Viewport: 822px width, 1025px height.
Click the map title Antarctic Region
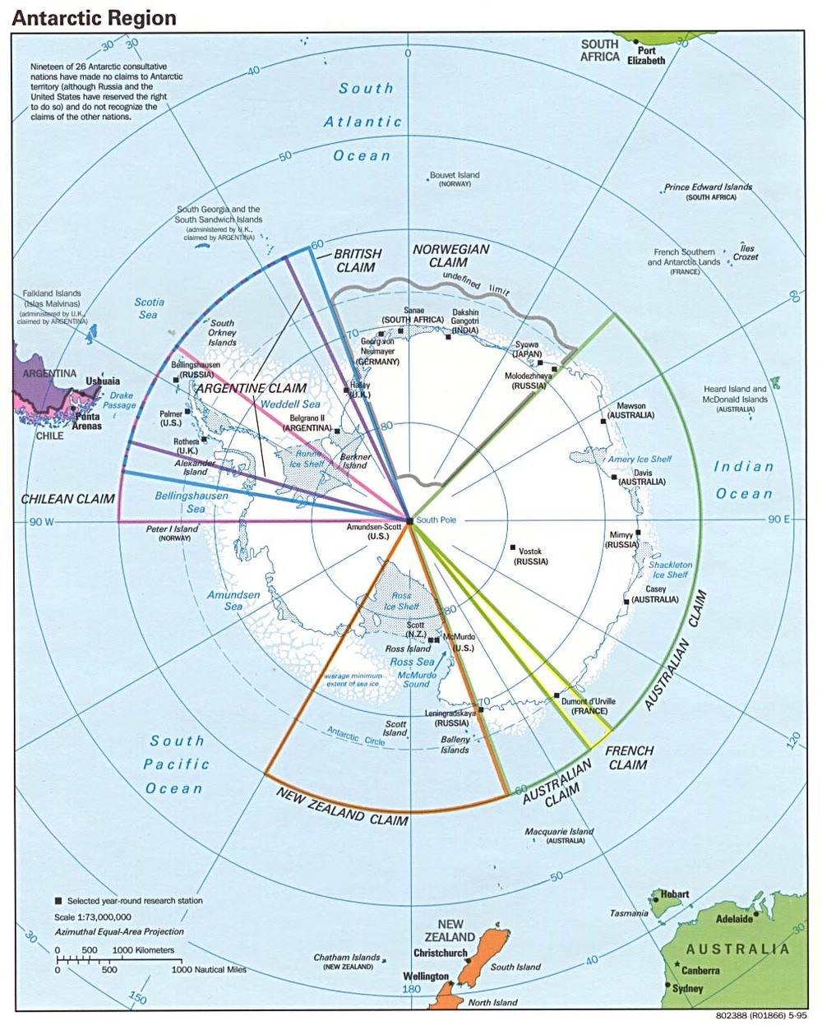(94, 18)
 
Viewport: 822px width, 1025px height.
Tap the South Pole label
(436, 520)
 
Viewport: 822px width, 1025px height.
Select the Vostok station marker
(513, 548)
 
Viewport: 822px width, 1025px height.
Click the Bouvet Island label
(455, 175)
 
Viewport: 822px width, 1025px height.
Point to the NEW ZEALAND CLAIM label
(342, 806)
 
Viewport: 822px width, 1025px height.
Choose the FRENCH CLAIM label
(629, 757)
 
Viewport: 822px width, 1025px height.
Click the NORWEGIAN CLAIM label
(450, 255)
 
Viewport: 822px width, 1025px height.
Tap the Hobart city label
(673, 894)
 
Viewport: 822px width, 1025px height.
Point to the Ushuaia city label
(103, 381)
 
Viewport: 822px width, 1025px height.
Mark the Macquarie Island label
(559, 831)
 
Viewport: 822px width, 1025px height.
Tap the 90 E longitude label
(779, 519)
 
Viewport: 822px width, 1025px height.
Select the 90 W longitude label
(40, 522)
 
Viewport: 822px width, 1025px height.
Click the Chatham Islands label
(346, 958)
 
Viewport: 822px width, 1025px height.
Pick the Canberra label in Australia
(700, 970)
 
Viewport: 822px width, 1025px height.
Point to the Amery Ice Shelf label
(640, 459)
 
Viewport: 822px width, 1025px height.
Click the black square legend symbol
(58, 901)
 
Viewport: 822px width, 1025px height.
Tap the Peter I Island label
(172, 529)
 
